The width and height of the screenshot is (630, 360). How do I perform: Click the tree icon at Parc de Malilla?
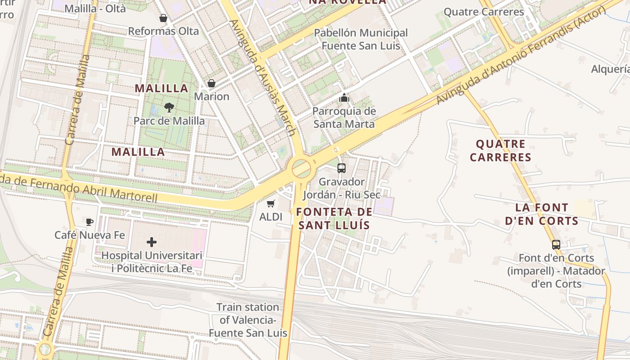(169, 107)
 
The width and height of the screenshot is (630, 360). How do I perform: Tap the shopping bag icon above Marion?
(211, 83)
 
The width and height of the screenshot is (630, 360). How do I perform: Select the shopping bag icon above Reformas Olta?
(163, 18)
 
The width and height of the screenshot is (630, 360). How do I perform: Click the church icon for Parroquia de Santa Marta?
(344, 97)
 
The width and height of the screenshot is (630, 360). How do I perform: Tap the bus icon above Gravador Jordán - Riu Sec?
(342, 168)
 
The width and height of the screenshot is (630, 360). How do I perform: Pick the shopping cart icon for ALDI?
(270, 203)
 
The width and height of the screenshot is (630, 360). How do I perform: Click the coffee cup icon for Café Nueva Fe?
(90, 221)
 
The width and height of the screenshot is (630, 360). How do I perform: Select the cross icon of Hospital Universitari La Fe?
(152, 242)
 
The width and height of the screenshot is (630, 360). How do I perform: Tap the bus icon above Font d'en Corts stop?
(556, 245)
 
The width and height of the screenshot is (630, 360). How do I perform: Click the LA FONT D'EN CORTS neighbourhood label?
(541, 214)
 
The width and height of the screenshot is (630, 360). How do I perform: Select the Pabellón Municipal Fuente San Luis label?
(361, 39)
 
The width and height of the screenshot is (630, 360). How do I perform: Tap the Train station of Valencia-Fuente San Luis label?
(248, 320)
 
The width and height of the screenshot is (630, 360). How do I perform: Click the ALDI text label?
(271, 217)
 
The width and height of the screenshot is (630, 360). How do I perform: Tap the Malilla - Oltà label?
(95, 8)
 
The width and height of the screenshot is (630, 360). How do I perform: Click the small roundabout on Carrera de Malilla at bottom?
(45, 349)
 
